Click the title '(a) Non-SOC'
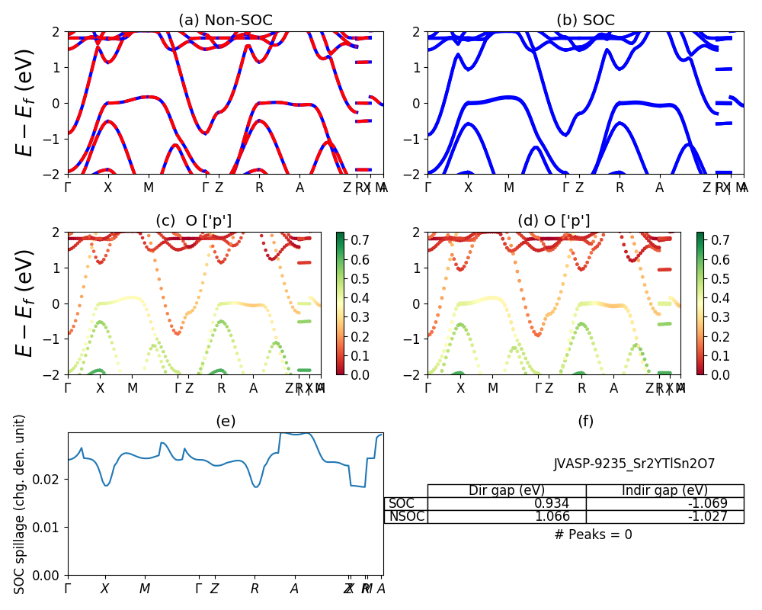(225, 21)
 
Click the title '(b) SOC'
(585, 21)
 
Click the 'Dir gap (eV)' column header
(507, 490)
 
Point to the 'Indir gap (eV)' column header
(664, 490)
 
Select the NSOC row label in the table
(406, 516)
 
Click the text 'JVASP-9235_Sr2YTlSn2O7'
(634, 464)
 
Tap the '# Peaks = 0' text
(593, 535)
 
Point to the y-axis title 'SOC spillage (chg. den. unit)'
(21, 504)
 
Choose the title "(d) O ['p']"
(554, 221)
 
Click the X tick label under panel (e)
(105, 589)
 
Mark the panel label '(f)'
(585, 421)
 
